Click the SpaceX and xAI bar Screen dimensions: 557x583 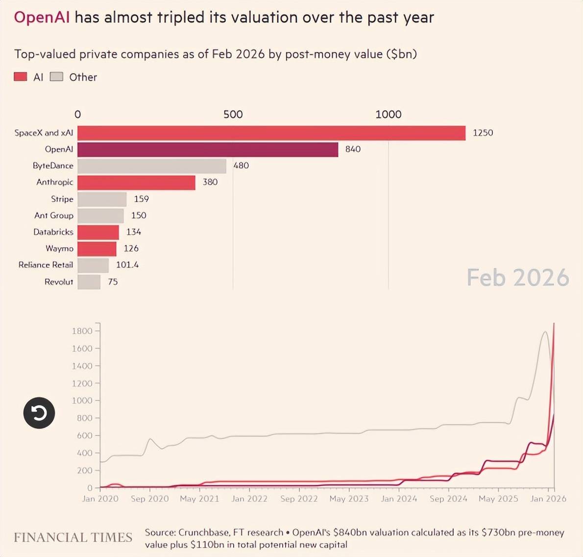click(271, 133)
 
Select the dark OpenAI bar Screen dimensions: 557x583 click(208, 149)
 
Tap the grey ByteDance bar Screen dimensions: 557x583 click(152, 166)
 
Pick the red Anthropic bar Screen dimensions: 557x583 click(136, 182)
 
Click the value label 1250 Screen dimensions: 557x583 click(483, 133)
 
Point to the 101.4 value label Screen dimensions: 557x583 click(127, 265)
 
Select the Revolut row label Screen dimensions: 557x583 click(59, 282)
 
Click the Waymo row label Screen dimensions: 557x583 click(59, 249)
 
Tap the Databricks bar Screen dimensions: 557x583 click(98, 232)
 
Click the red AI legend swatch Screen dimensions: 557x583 click(21, 77)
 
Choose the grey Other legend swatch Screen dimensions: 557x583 click(57, 77)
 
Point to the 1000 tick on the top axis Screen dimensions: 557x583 click(388, 114)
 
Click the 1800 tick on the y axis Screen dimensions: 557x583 click(82, 331)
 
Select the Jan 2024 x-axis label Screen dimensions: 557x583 click(399, 499)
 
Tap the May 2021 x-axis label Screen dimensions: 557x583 click(199, 499)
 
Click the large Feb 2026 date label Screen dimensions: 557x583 click(517, 278)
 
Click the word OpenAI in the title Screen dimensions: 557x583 click(42, 18)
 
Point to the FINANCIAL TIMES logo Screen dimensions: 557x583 click(73, 537)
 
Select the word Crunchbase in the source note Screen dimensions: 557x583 click(204, 532)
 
